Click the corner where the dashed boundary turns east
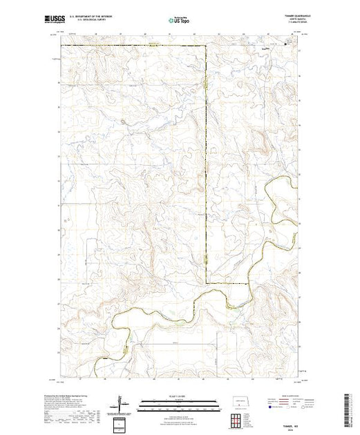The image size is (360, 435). pos(207,284)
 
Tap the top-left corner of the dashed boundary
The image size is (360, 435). pos(61,46)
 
